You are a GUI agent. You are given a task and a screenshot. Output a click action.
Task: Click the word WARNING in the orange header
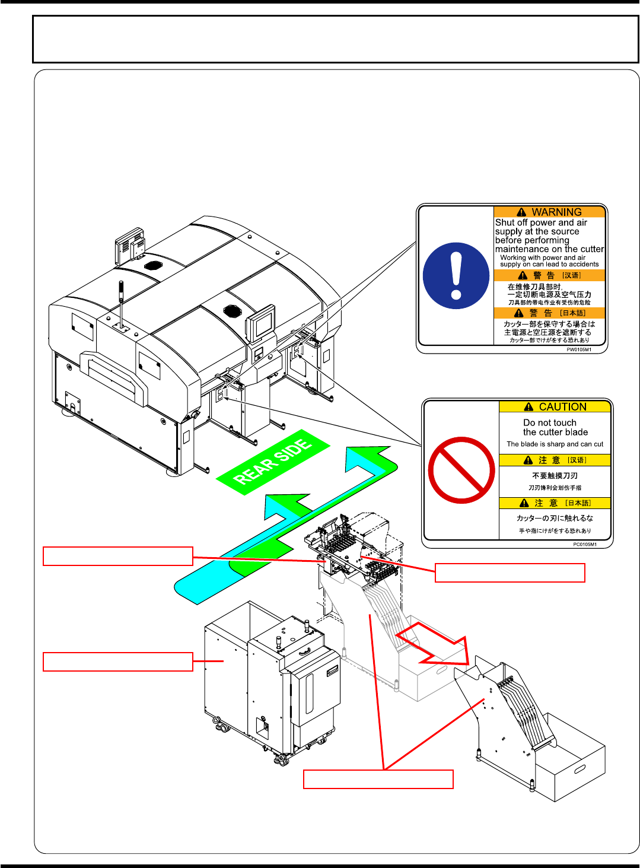[x=556, y=212]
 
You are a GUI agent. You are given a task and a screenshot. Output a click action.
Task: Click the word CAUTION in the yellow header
[x=562, y=407]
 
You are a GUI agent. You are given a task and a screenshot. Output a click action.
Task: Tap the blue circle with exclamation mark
[x=456, y=276]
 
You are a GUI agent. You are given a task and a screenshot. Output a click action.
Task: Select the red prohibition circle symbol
[x=461, y=470]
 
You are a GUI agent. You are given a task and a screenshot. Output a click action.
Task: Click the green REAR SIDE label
[x=273, y=461]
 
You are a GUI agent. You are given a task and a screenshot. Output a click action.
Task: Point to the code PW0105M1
[x=578, y=349]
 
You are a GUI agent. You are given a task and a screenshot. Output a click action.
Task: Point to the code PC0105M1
[x=584, y=544]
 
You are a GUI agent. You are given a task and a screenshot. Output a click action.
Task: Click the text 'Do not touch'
[x=549, y=423]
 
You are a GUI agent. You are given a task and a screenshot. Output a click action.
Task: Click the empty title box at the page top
[x=335, y=39]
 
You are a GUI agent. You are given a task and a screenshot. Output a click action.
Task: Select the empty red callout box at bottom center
[x=378, y=779]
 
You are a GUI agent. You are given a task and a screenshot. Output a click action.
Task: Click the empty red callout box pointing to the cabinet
[x=118, y=662]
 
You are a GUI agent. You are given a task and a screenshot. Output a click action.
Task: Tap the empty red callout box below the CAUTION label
[x=510, y=573]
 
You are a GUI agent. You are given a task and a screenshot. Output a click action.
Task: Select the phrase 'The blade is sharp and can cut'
[x=555, y=444]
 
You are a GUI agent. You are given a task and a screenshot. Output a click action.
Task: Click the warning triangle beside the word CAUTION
[x=528, y=407]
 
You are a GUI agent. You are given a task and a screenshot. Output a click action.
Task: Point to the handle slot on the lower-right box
[x=579, y=770]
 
